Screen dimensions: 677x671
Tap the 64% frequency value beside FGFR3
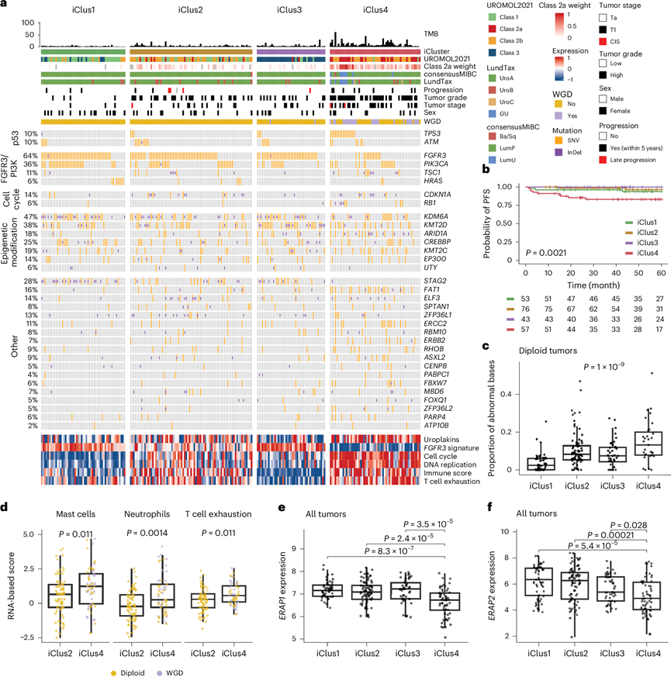32,155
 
